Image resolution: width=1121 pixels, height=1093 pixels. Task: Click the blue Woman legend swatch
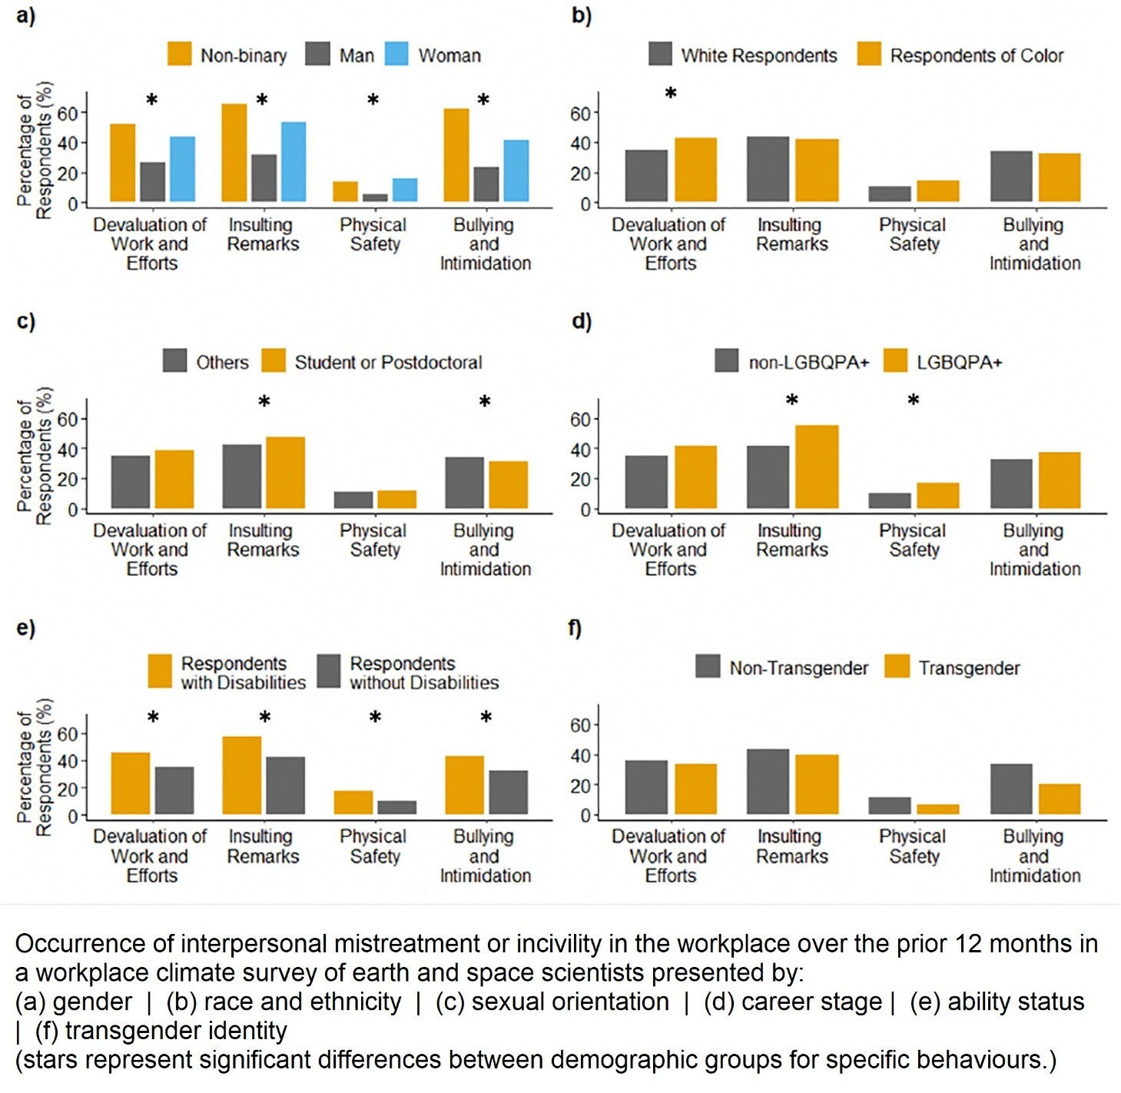click(396, 54)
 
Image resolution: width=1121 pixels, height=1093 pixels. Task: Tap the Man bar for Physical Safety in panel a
click(375, 198)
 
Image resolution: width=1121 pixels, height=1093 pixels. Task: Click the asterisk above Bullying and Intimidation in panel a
click(483, 101)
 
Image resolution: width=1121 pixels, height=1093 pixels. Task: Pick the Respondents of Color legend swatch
click(869, 54)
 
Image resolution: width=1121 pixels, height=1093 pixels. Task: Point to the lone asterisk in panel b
click(671, 94)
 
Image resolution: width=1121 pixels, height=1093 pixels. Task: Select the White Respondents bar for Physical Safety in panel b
click(890, 194)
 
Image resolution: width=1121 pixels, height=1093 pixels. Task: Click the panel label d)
click(582, 321)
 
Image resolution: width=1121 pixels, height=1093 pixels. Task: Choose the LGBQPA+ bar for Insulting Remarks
click(817, 467)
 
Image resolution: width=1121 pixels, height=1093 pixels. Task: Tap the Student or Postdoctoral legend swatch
click(274, 360)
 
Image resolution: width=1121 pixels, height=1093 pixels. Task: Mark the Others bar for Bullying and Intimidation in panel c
click(465, 483)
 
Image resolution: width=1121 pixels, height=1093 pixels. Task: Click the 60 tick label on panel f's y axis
click(580, 726)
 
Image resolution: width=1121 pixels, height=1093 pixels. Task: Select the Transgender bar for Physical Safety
click(937, 809)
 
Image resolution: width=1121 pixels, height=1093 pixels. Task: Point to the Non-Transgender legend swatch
click(708, 666)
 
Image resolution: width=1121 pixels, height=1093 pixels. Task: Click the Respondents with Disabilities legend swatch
click(160, 671)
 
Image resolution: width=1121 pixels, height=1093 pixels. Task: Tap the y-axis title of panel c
click(35, 456)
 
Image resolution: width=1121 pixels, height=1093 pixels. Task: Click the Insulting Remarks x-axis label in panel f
click(791, 846)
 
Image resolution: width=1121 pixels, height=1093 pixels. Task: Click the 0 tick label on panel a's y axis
click(73, 204)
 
